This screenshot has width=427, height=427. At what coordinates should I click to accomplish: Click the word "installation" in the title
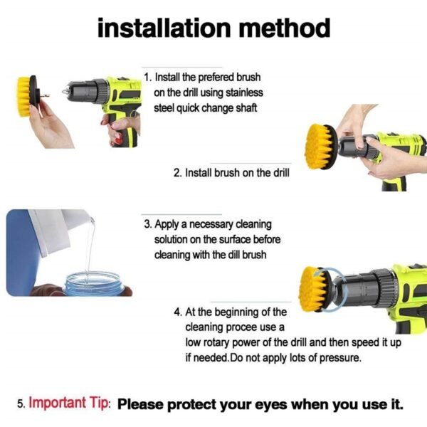coord(152,28)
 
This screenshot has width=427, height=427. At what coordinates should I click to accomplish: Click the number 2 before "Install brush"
coord(177,173)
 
